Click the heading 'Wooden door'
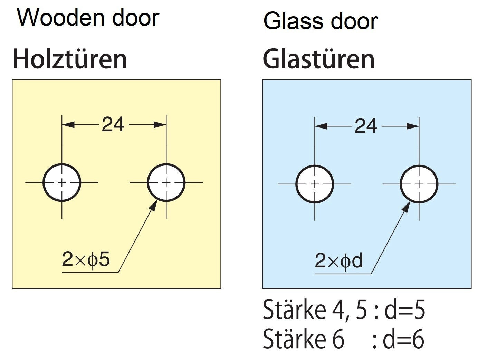click(x=88, y=18)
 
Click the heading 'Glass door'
click(x=320, y=21)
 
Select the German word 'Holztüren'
click(x=70, y=59)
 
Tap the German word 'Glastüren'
click(x=318, y=59)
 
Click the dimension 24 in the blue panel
click(x=366, y=126)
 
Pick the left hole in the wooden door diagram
click(x=62, y=182)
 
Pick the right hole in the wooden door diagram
click(x=166, y=182)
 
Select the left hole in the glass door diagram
click(x=315, y=184)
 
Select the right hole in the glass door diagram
click(x=419, y=184)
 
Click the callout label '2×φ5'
click(x=86, y=259)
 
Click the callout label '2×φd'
click(x=338, y=261)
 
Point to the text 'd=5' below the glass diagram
click(x=404, y=310)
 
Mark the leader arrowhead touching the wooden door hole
click(x=154, y=205)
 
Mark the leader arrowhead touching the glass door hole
click(x=407, y=206)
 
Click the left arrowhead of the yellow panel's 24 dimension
click(x=68, y=125)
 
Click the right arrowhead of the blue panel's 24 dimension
click(x=413, y=126)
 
